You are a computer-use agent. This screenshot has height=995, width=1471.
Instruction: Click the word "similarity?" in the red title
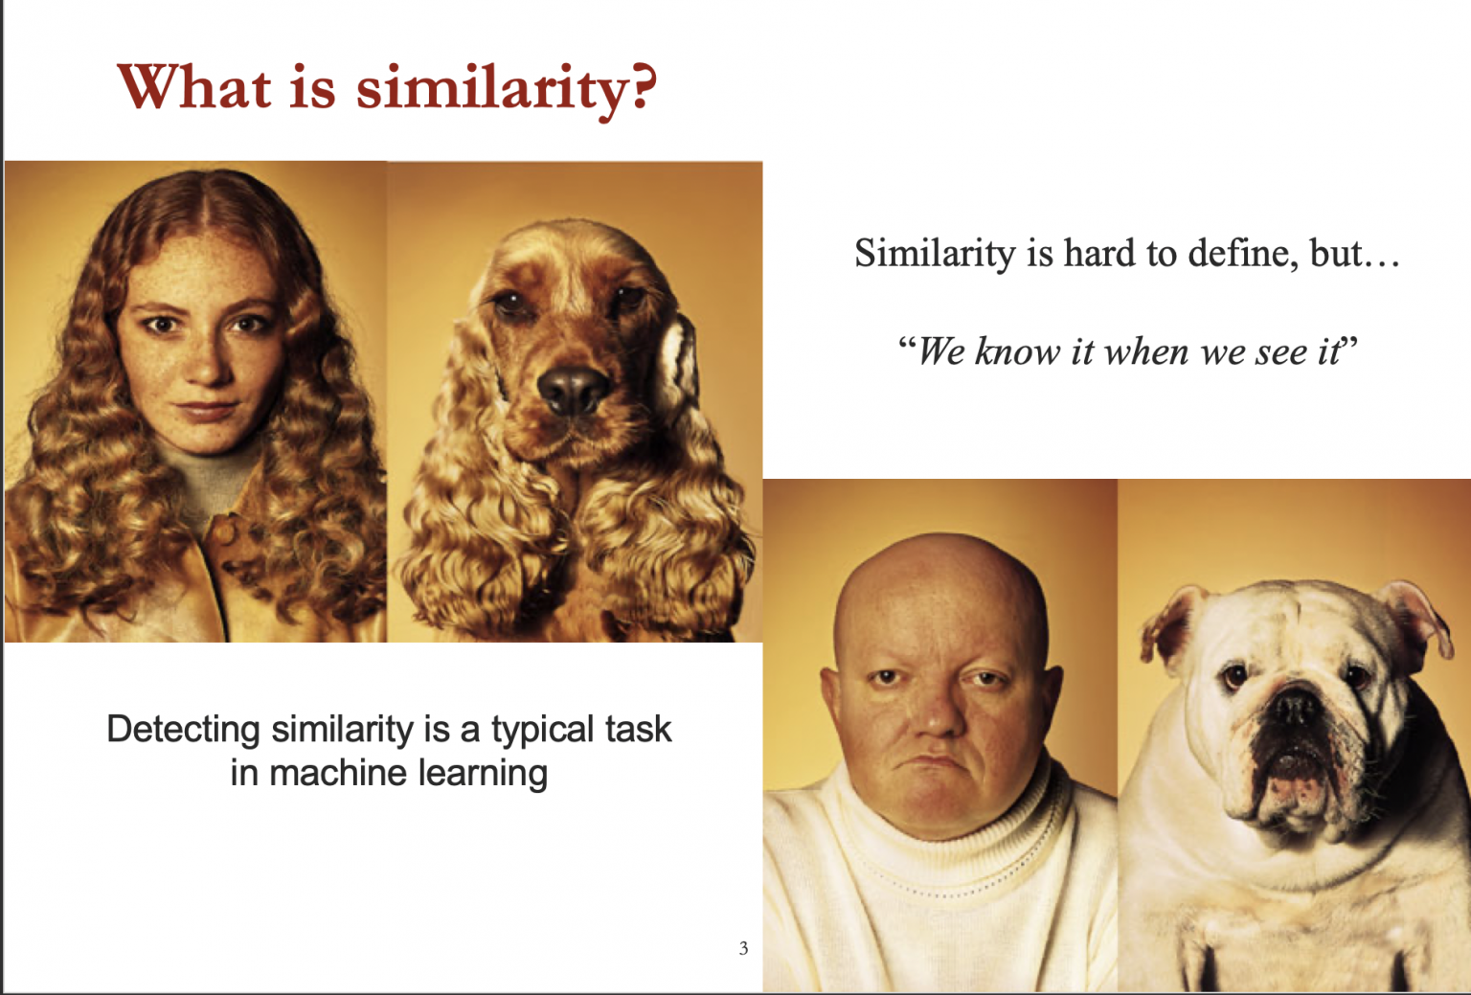[x=507, y=90]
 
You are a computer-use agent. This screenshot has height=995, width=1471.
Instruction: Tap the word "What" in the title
[x=194, y=86]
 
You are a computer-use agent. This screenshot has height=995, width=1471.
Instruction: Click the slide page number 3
[x=743, y=948]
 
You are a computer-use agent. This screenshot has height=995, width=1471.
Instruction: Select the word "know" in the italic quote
[x=1016, y=351]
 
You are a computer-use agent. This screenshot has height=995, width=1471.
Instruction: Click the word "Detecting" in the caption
[x=183, y=731]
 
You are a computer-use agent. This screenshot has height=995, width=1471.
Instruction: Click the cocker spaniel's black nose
[x=572, y=388]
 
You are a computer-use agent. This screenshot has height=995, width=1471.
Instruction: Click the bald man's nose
[x=937, y=715]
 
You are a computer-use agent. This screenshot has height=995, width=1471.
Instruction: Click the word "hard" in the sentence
[x=1099, y=253]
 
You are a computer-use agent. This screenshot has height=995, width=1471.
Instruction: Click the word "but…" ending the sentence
[x=1355, y=253]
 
